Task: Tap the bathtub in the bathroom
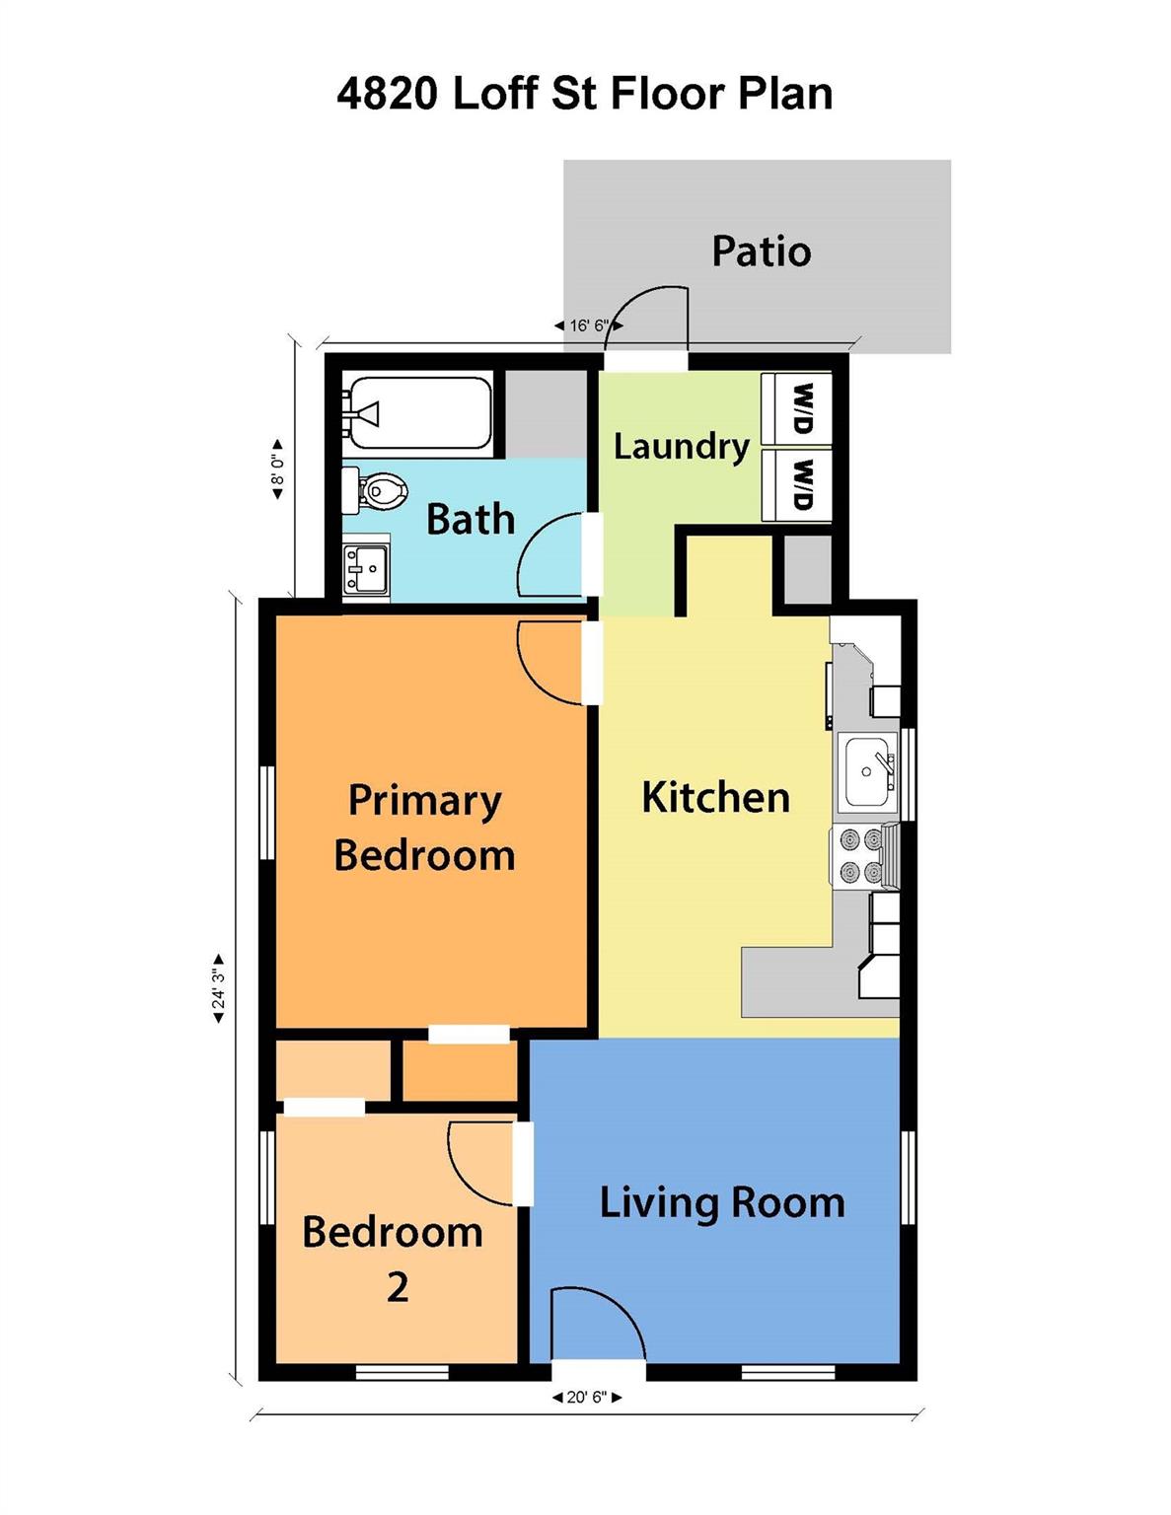pos(421,413)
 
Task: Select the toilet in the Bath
pos(375,489)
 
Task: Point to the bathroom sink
pos(367,569)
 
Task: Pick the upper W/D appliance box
pos(797,410)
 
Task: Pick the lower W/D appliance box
pos(797,484)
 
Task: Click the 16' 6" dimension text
pos(590,325)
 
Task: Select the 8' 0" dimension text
pos(277,469)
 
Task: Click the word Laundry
pos(681,447)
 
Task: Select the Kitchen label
pos(716,797)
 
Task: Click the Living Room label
pos(722,1204)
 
